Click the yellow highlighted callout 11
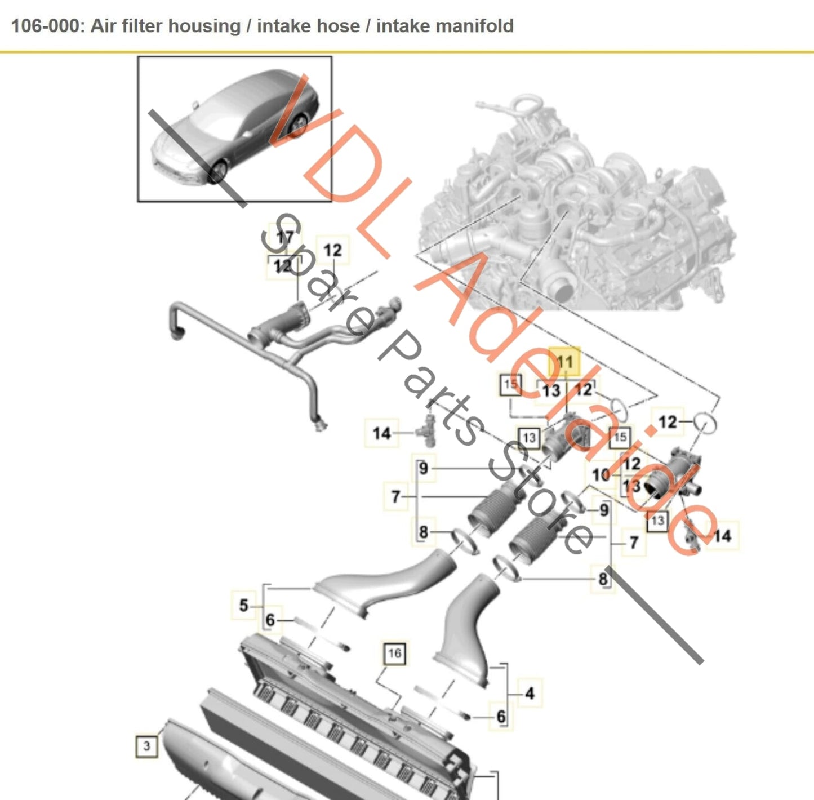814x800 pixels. tap(564, 362)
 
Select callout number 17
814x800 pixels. tap(284, 237)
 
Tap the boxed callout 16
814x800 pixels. tap(394, 653)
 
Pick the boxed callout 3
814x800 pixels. tap(146, 746)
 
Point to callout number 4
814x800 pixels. tap(530, 693)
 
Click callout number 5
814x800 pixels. tap(243, 606)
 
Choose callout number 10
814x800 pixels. tap(601, 474)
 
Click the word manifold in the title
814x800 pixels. tap(444, 26)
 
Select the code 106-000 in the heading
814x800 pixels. tap(47, 26)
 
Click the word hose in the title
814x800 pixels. tap(338, 26)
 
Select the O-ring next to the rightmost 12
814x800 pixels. tap(705, 423)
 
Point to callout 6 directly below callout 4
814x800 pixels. tap(501, 717)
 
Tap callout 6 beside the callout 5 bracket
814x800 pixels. tap(270, 620)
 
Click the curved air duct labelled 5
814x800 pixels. tap(389, 583)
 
